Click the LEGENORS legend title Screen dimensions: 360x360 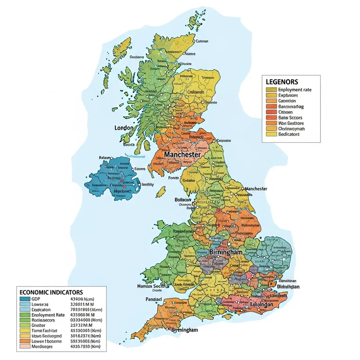pyautogui.click(x=282, y=82)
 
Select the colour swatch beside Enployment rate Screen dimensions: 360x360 pyautogui.click(x=271, y=90)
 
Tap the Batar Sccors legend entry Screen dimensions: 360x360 pyautogui.click(x=291, y=117)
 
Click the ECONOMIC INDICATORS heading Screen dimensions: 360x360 pyautogui.click(x=51, y=292)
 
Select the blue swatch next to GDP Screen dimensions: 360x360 pyautogui.click(x=25, y=298)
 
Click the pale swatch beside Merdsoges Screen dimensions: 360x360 pyautogui.click(x=25, y=347)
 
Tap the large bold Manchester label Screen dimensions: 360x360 pyautogui.click(x=182, y=154)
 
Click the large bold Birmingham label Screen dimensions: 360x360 pyautogui.click(x=226, y=252)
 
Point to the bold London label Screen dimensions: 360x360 pyautogui.click(x=124, y=128)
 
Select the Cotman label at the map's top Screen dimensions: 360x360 pyautogui.click(x=202, y=41)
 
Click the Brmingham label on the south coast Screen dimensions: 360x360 pyautogui.click(x=184, y=330)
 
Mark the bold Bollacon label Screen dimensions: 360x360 pyautogui.click(x=182, y=199)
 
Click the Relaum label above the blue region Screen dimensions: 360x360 pyautogui.click(x=104, y=158)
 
